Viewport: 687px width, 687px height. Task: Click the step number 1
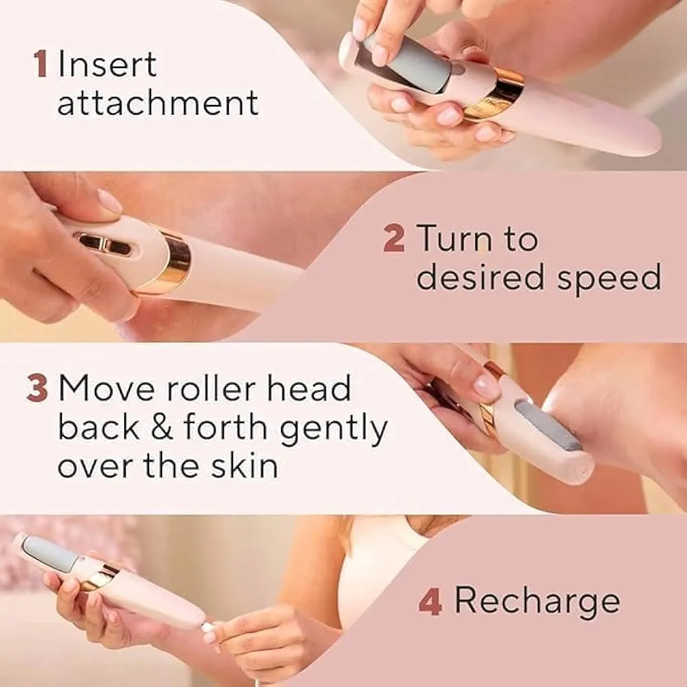41,65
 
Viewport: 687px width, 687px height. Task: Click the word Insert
107,65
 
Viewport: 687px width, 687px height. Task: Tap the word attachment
157,103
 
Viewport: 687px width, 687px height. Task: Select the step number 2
394,240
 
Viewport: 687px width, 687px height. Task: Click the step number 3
37,389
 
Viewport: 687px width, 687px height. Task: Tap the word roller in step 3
210,388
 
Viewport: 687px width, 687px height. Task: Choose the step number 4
430,602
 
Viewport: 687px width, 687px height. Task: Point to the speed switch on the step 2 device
102,243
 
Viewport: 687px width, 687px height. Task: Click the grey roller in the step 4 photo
49,552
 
